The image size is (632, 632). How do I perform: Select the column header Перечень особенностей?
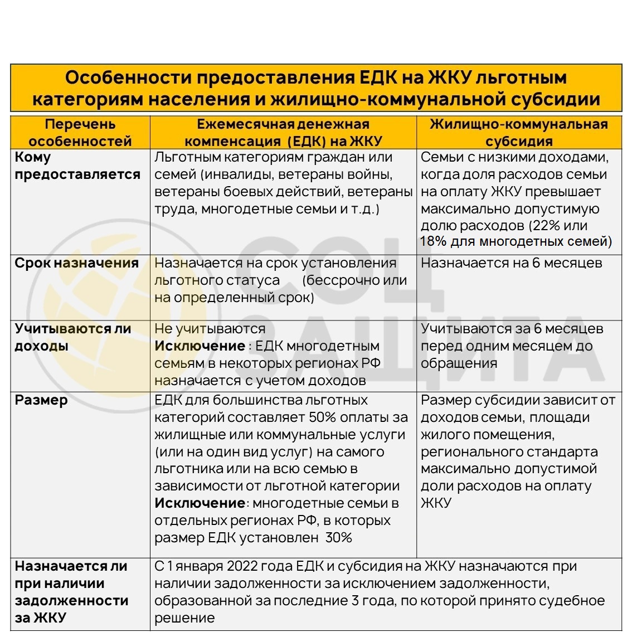[x=80, y=133]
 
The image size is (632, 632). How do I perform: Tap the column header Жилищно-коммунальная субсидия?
[x=518, y=133]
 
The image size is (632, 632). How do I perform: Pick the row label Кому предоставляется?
[x=77, y=166]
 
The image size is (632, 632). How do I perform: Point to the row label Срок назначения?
[x=77, y=263]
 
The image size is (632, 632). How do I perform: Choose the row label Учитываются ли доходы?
[x=73, y=337]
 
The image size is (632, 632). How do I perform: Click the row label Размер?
[x=41, y=400]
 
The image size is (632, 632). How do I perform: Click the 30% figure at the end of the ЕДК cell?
[x=339, y=538]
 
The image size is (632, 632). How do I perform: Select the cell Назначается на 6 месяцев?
[x=511, y=263]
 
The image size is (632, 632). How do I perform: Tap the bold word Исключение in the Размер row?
[x=200, y=503]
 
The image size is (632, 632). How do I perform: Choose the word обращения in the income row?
[x=451, y=363]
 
